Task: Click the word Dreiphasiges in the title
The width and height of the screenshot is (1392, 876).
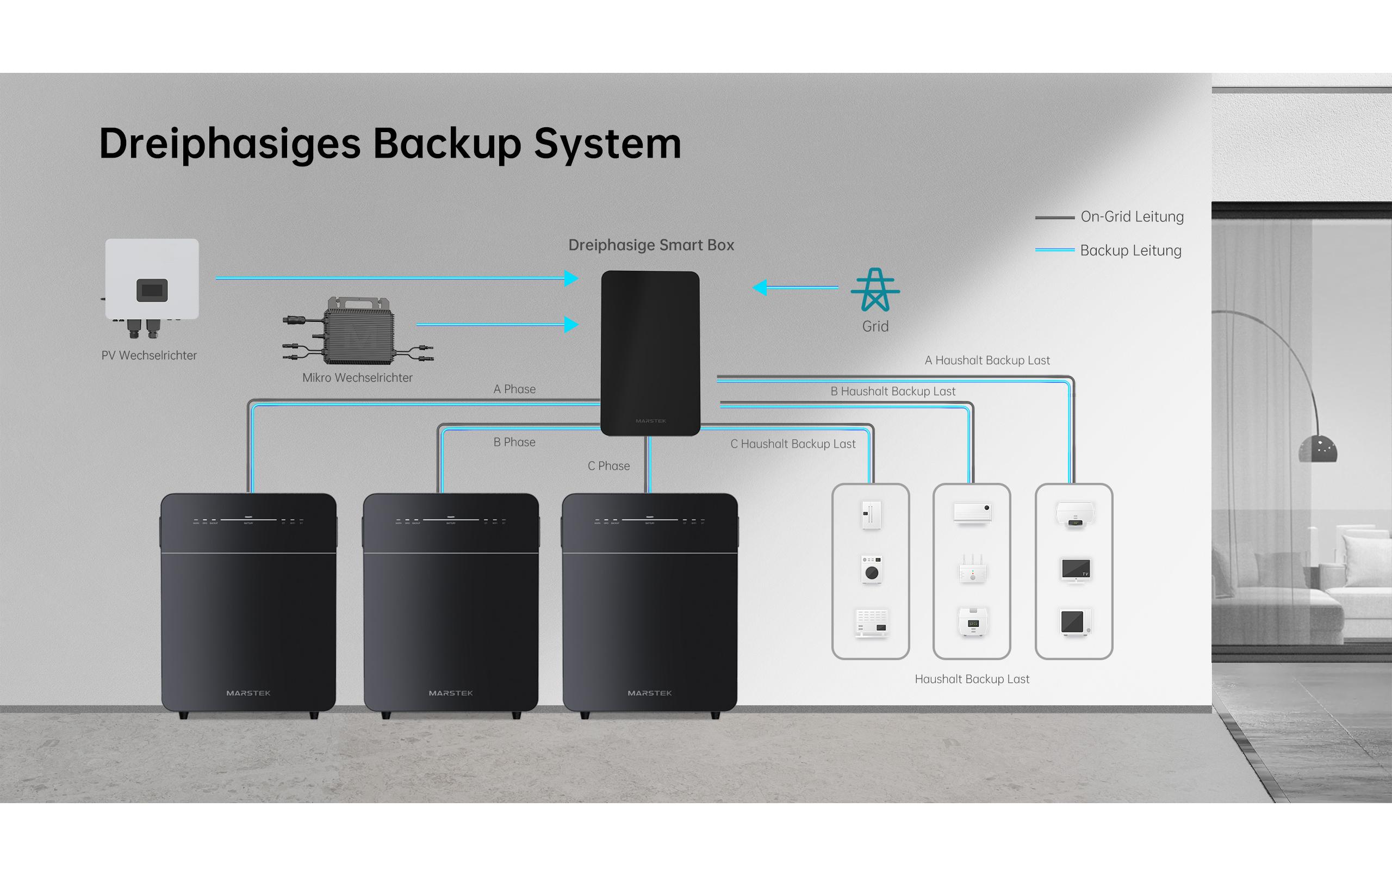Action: click(x=229, y=144)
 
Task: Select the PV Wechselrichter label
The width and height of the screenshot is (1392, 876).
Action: click(x=149, y=356)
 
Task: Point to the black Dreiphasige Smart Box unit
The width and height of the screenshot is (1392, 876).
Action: click(x=650, y=353)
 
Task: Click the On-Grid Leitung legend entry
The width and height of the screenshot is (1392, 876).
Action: click(x=1132, y=217)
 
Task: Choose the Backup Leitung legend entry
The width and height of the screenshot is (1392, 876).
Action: click(x=1130, y=250)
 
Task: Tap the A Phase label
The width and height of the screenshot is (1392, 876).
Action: click(x=514, y=389)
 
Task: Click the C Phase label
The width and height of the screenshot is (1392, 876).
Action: click(x=608, y=466)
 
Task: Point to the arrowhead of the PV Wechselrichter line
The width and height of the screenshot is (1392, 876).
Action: click(x=571, y=278)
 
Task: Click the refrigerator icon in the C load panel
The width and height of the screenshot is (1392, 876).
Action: click(x=871, y=514)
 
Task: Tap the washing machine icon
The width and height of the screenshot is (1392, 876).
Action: click(x=871, y=569)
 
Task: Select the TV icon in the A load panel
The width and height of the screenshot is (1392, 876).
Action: click(x=1075, y=569)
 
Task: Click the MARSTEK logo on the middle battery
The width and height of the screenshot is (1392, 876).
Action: click(x=450, y=693)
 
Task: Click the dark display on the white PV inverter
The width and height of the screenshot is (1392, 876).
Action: click(x=152, y=290)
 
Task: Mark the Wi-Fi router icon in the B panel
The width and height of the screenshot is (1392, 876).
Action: click(x=972, y=569)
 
